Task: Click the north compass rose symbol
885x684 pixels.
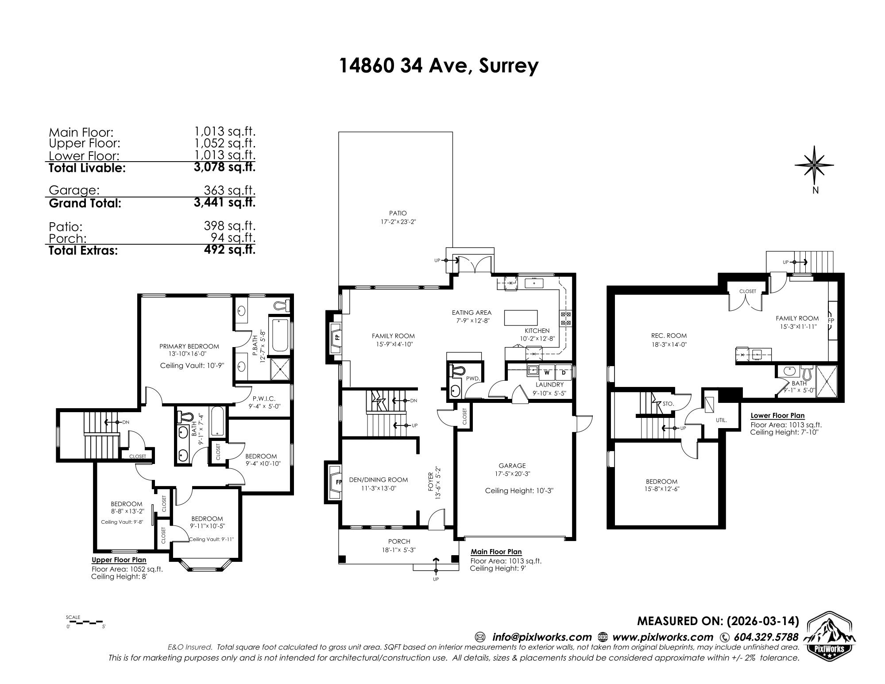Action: pyautogui.click(x=814, y=165)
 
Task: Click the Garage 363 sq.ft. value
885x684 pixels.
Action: pyautogui.click(x=229, y=190)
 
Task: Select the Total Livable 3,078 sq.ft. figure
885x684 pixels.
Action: pyautogui.click(x=225, y=167)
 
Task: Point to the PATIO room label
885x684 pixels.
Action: pyautogui.click(x=398, y=213)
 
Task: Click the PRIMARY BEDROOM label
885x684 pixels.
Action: pyautogui.click(x=189, y=346)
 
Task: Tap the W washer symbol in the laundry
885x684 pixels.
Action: pyautogui.click(x=547, y=372)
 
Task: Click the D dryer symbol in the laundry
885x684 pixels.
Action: pyautogui.click(x=564, y=372)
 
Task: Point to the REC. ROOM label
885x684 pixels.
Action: pyautogui.click(x=660, y=336)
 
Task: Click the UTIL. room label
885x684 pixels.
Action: pyautogui.click(x=721, y=420)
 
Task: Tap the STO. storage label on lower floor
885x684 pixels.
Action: pyautogui.click(x=668, y=404)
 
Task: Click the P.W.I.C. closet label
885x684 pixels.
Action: pyautogui.click(x=264, y=398)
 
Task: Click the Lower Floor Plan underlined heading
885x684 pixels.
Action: pyautogui.click(x=777, y=416)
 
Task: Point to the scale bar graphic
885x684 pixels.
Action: pyautogui.click(x=86, y=622)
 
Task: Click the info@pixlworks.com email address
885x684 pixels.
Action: pyautogui.click(x=542, y=637)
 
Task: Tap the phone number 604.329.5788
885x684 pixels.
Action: pyautogui.click(x=766, y=637)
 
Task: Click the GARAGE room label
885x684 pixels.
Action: pyautogui.click(x=512, y=465)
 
